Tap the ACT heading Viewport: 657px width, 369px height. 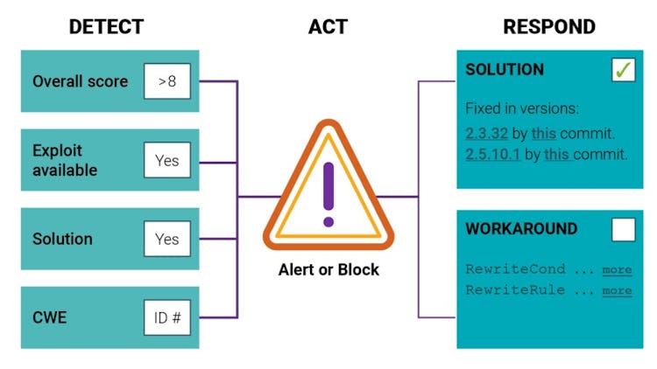328,26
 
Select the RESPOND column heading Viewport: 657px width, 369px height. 548,26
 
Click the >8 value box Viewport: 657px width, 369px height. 167,81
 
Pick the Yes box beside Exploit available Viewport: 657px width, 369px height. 167,160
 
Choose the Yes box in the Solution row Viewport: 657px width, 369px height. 167,239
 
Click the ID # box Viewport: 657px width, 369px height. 167,317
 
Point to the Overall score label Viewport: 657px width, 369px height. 80,81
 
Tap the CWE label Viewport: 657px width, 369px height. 49,317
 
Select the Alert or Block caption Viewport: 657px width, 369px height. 328,269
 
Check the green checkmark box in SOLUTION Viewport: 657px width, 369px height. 624,70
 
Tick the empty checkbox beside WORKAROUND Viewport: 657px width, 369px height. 624,229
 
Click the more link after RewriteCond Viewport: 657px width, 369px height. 617,269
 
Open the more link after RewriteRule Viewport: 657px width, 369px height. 617,290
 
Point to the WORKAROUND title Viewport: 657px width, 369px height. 521,229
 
